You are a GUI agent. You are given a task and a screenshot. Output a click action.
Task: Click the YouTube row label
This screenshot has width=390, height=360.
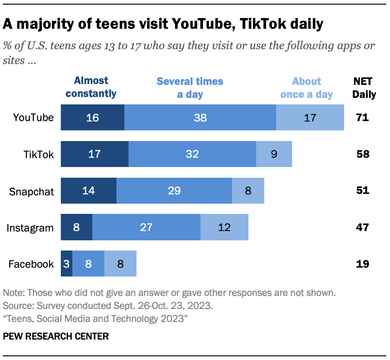(x=33, y=117)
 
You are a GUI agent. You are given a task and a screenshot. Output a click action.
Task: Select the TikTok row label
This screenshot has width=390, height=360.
(x=39, y=154)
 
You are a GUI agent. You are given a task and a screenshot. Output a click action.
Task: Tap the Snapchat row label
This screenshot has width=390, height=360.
(x=32, y=191)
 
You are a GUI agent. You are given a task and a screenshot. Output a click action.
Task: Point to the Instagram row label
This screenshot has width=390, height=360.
(x=31, y=227)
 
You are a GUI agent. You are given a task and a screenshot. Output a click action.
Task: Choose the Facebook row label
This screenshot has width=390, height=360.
(x=31, y=264)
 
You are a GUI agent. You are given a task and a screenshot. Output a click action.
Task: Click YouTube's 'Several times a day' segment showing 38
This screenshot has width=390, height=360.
(x=200, y=117)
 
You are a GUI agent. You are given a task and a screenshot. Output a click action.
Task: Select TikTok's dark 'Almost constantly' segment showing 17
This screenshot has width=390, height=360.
(x=95, y=154)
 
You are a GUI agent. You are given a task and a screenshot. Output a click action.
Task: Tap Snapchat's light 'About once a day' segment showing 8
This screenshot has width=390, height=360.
(x=248, y=191)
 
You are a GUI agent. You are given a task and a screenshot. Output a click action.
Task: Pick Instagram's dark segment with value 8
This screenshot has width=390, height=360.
(x=77, y=227)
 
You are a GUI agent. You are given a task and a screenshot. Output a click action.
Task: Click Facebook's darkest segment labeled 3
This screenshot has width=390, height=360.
(x=66, y=264)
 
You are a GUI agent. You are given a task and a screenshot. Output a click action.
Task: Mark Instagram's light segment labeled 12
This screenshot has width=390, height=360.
(x=224, y=227)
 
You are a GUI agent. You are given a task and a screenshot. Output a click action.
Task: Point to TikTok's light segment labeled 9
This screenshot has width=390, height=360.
(x=274, y=154)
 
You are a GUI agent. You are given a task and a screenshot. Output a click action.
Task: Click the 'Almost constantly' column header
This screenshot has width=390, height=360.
(x=91, y=87)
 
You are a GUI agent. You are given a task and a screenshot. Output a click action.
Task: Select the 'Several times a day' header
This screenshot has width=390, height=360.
(x=190, y=88)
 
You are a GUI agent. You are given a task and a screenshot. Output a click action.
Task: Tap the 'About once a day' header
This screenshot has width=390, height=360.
(x=306, y=88)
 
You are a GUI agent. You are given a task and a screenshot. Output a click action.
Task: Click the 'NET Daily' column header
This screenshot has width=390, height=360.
(x=364, y=88)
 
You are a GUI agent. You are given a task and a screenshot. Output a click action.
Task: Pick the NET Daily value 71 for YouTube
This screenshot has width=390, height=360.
(x=363, y=117)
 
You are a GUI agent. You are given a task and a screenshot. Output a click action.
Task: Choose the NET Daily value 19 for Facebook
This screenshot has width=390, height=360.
(x=363, y=264)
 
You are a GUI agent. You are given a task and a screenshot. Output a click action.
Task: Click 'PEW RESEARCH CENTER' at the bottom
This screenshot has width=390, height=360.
(x=56, y=336)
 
